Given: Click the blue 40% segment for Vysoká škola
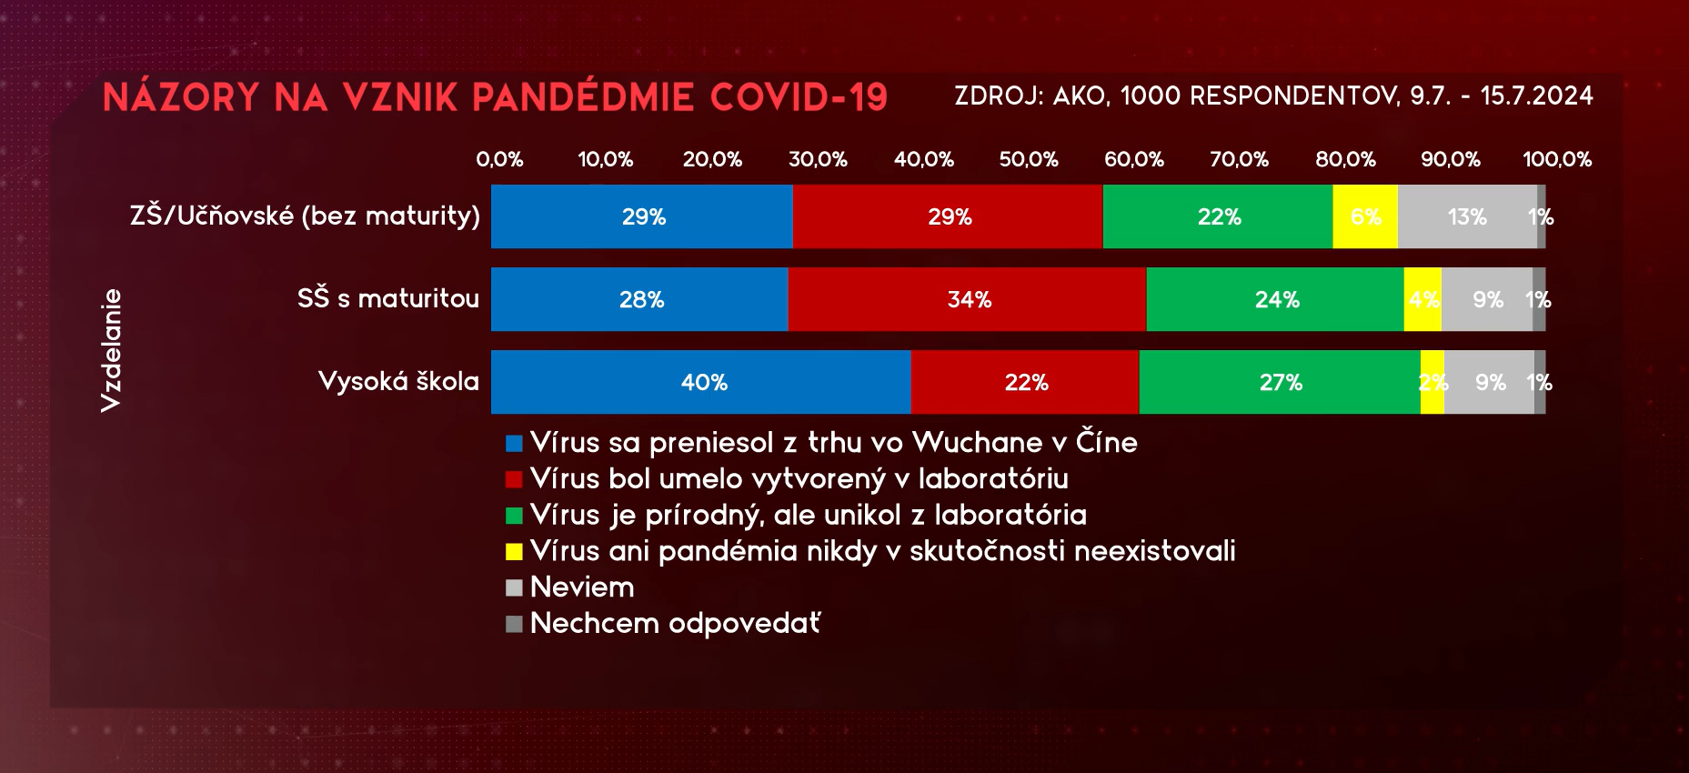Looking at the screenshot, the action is pyautogui.click(x=701, y=382).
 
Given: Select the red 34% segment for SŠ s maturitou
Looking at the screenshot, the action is pyautogui.click(x=968, y=299).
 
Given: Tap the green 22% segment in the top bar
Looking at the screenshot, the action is pyautogui.click(x=1218, y=216).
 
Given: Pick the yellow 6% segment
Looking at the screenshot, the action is pyautogui.click(x=1365, y=216).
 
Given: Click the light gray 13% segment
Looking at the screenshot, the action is pyautogui.click(x=1467, y=216).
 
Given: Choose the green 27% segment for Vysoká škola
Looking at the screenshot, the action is pyautogui.click(x=1280, y=382).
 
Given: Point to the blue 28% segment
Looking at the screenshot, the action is pyautogui.click(x=639, y=299).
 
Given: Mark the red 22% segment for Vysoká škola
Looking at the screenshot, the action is pyautogui.click(x=1025, y=382).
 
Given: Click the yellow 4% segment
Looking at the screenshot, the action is pyautogui.click(x=1423, y=299).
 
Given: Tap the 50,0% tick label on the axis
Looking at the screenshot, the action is pyautogui.click(x=1029, y=159).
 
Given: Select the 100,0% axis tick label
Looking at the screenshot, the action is pyautogui.click(x=1557, y=159).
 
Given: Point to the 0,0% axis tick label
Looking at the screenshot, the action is pyautogui.click(x=500, y=159).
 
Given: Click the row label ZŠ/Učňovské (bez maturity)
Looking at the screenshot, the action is pyautogui.click(x=305, y=216).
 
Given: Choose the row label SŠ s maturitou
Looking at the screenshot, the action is pyautogui.click(x=388, y=298).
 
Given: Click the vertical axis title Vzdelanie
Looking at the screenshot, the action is pyautogui.click(x=111, y=350).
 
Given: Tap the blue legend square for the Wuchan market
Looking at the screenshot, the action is pyautogui.click(x=514, y=443).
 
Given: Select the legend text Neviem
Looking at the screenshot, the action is pyautogui.click(x=582, y=587).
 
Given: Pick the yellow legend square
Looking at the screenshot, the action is pyautogui.click(x=514, y=551).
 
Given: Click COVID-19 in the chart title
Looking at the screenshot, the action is pyautogui.click(x=799, y=97).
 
